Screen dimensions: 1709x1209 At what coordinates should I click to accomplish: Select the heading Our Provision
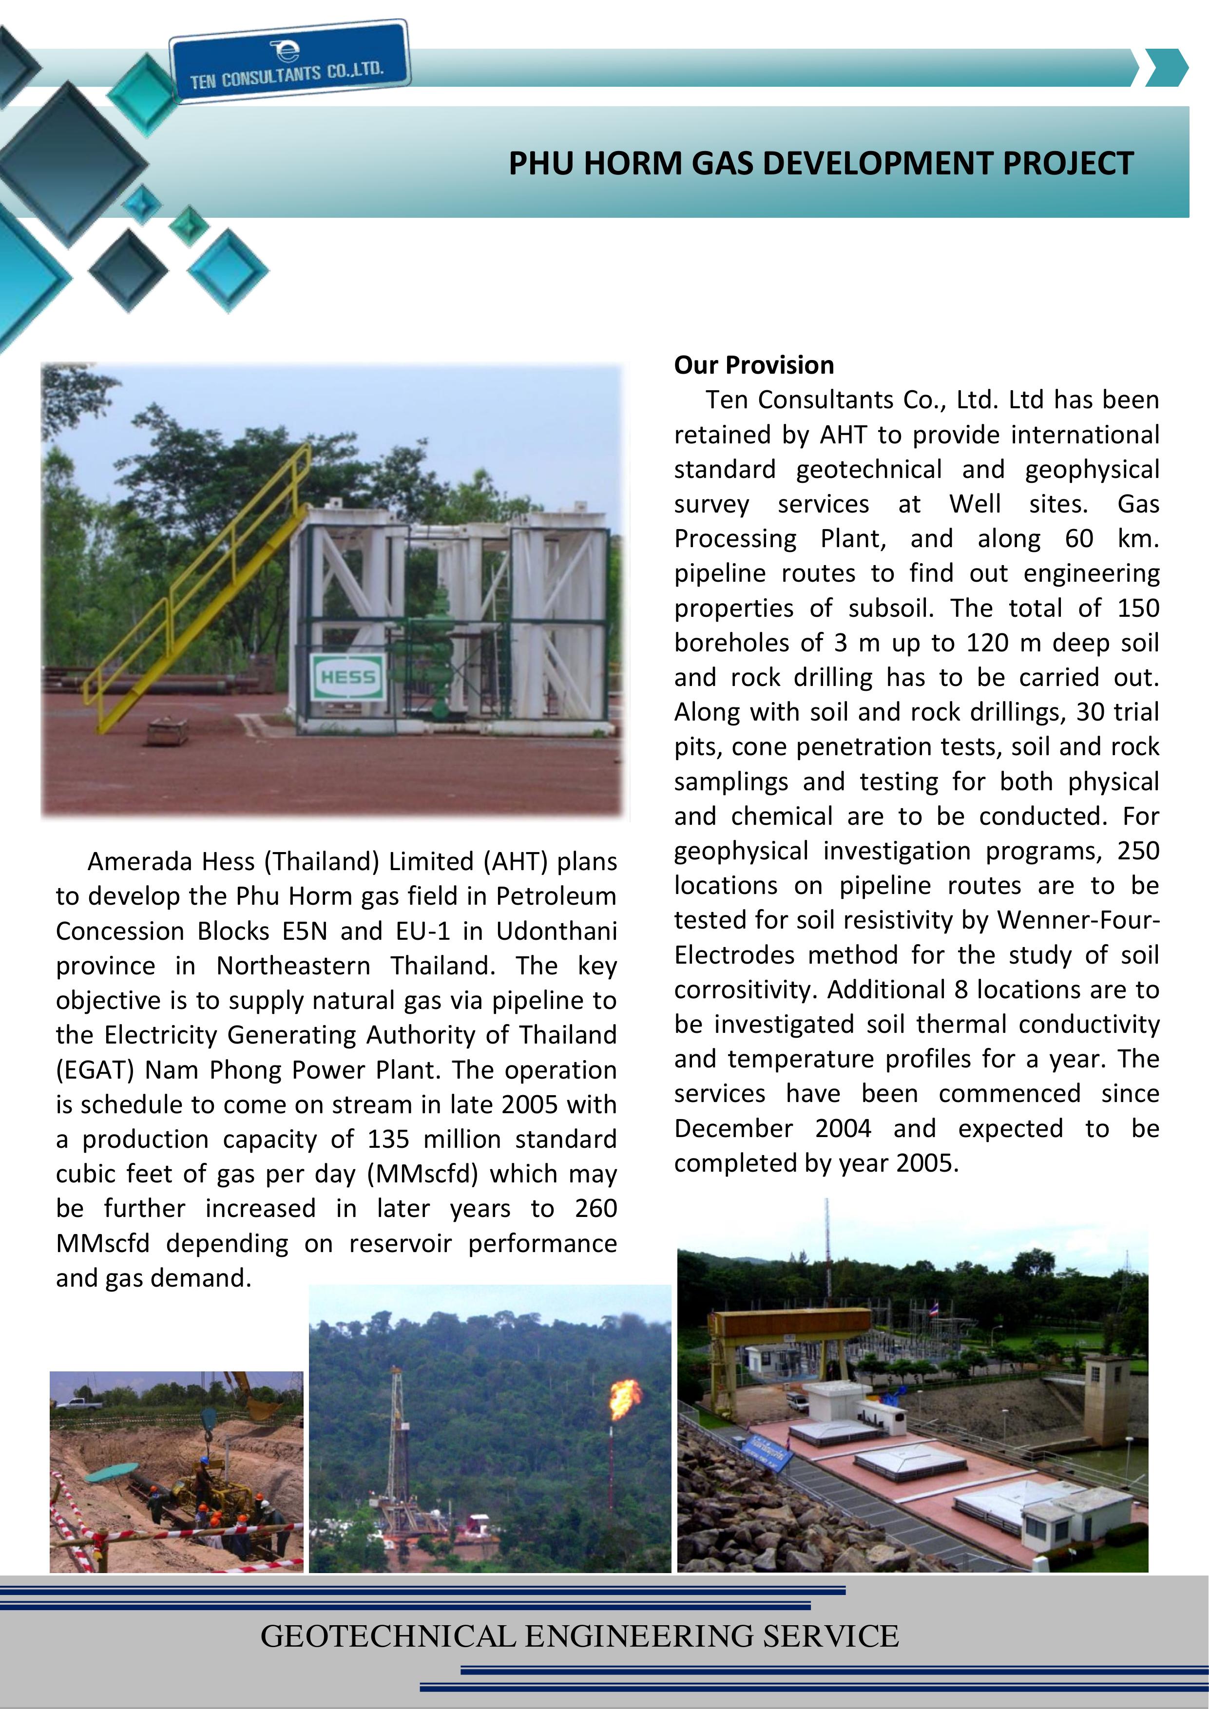coord(753,365)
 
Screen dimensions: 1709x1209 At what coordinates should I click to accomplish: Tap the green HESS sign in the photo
coord(347,677)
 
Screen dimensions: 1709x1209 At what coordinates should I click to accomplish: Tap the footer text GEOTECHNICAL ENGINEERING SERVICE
coord(579,1636)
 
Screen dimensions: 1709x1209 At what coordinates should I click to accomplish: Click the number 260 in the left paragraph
coord(595,1208)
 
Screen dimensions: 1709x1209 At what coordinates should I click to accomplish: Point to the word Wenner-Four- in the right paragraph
coord(1078,920)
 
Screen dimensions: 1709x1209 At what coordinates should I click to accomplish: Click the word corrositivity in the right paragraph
coord(746,990)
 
